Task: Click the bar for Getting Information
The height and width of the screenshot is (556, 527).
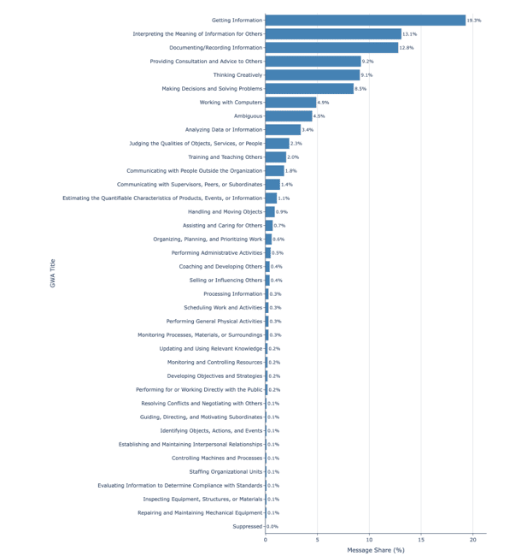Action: click(365, 21)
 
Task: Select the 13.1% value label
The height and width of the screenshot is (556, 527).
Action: click(410, 34)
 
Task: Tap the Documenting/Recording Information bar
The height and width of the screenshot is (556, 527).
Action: click(331, 48)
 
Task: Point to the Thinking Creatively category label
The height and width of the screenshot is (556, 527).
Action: click(237, 75)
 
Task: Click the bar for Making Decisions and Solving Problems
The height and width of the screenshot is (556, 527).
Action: click(309, 89)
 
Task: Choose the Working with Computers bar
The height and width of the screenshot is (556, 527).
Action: click(290, 103)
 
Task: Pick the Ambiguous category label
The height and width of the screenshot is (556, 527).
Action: click(248, 116)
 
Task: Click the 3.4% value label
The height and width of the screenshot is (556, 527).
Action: click(308, 130)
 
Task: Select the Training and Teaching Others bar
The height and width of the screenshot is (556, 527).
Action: click(276, 157)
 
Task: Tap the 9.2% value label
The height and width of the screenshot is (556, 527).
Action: click(368, 62)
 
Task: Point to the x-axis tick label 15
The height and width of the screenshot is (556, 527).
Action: click(421, 540)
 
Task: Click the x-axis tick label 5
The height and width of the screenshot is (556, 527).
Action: click(317, 540)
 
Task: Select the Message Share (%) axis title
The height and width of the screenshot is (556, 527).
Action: click(375, 550)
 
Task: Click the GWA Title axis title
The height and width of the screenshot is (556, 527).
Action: click(53, 274)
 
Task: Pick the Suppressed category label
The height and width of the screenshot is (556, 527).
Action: click(248, 527)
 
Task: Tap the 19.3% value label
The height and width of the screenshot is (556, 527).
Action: click(474, 21)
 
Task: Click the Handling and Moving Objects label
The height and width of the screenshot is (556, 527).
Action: click(225, 212)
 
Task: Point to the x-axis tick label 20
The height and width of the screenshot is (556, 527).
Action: click(473, 540)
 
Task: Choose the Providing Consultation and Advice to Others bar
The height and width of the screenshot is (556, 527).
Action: click(313, 62)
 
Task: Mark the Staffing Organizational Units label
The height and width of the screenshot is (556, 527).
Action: click(225, 472)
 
